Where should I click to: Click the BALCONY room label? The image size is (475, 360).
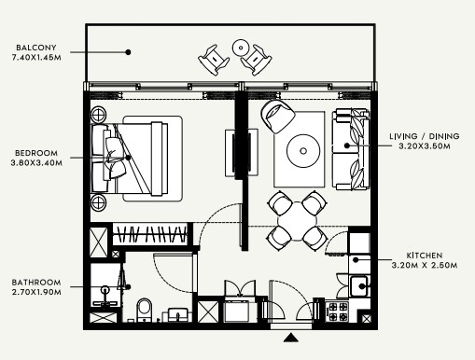[x=36, y=48]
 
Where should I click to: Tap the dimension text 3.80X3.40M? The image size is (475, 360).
[x=36, y=162]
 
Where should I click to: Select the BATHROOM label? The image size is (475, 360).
[x=36, y=283]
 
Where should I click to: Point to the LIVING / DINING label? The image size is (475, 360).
[x=425, y=136]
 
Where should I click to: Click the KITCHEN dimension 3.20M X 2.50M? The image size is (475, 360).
[x=425, y=265]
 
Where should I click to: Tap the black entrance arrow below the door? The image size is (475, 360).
[x=291, y=338]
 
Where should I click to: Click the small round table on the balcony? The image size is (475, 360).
[x=241, y=48]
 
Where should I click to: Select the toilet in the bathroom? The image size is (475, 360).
[x=144, y=311]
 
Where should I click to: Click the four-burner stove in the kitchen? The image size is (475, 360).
[x=338, y=312]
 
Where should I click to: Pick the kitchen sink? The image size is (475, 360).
[x=359, y=286]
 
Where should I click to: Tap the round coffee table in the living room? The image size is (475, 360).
[x=303, y=151]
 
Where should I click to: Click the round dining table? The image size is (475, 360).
[x=298, y=221]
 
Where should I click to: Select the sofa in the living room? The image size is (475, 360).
[x=351, y=149]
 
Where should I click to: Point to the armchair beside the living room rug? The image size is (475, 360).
[x=277, y=116]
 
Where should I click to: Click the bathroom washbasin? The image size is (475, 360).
[x=178, y=315]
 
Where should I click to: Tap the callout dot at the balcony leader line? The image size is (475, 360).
[x=128, y=52]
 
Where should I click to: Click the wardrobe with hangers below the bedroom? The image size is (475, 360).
[x=150, y=234]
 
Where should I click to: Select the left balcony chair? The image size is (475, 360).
[x=214, y=60]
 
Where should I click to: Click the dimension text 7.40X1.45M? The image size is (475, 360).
[x=36, y=58]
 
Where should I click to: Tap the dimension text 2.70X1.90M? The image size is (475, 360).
[x=36, y=292]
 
